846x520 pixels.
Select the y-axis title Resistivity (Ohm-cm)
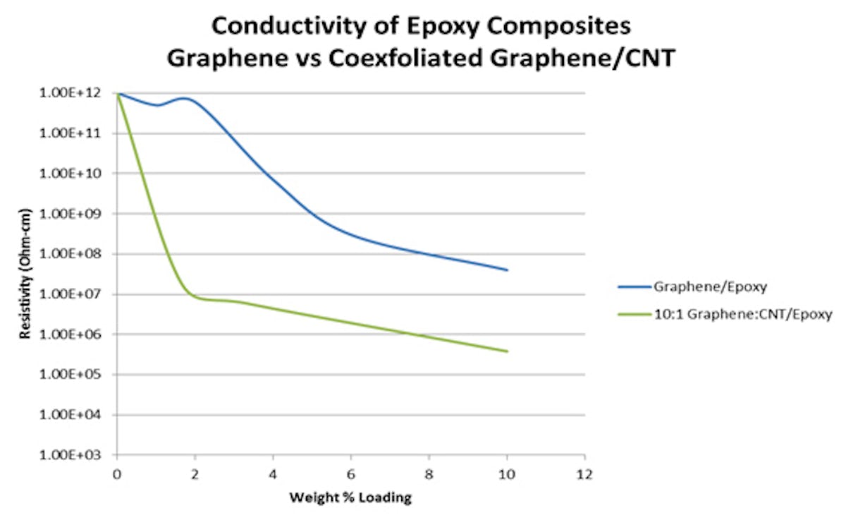click(26, 274)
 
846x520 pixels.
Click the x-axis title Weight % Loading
click(350, 498)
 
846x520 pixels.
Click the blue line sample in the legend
click(634, 287)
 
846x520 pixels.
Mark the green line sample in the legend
click(634, 314)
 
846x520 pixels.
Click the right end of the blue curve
click(506, 270)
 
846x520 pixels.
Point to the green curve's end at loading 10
click(506, 351)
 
